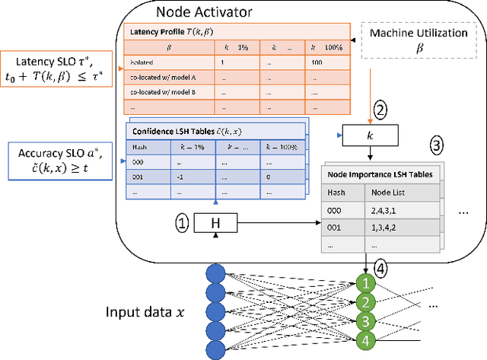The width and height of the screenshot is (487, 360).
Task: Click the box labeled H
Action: [x=215, y=223]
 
